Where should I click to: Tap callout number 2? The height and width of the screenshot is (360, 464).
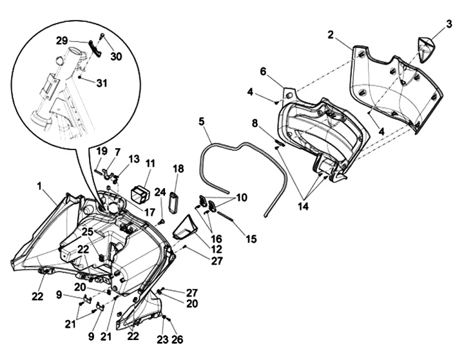(331, 35)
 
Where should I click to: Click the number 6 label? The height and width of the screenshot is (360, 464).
(263, 71)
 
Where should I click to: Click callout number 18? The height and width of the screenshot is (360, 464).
(179, 169)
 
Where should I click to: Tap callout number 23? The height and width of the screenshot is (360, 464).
(161, 339)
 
